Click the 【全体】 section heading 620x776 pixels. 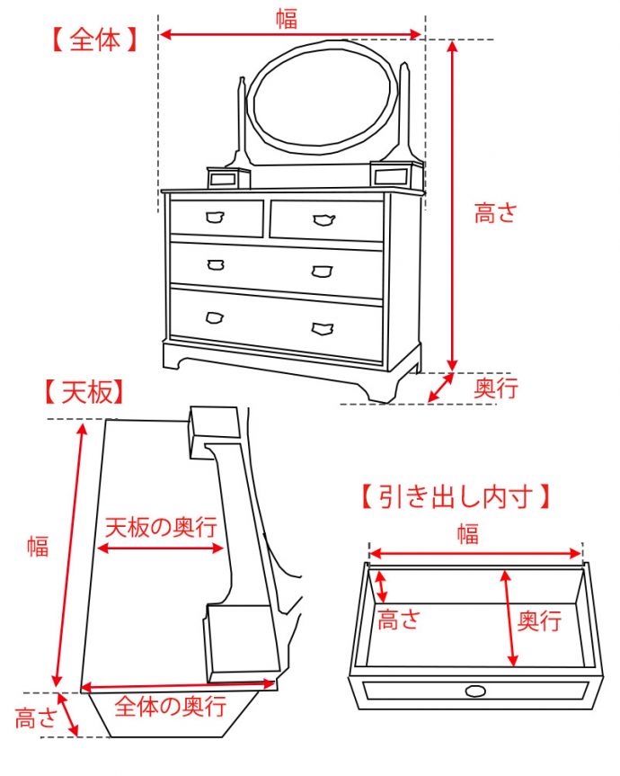click(94, 40)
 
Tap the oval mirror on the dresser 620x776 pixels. click(321, 97)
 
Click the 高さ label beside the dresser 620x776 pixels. click(496, 213)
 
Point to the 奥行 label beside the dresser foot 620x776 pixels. click(496, 388)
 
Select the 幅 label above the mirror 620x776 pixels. click(287, 18)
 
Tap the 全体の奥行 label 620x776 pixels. click(171, 706)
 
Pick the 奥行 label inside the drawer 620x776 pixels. click(540, 620)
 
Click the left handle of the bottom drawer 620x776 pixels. click(214, 317)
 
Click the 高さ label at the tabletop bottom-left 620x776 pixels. click(36, 718)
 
